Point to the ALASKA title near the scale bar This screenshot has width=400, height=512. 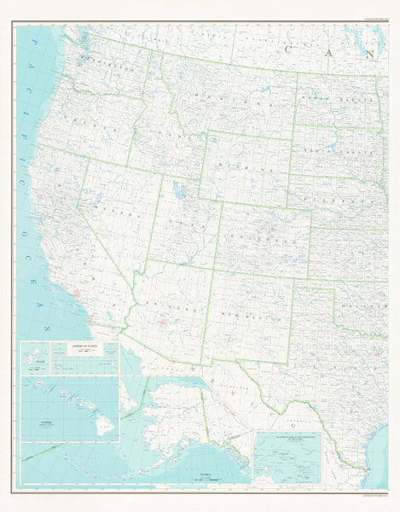pyautogui.click(x=204, y=470)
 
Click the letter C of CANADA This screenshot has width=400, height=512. pyautogui.click(x=291, y=49)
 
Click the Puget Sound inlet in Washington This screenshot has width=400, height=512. pyautogui.click(x=82, y=54)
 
